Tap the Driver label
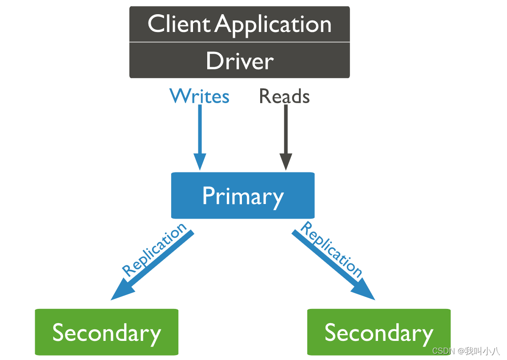[x=240, y=60]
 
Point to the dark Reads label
[x=285, y=96]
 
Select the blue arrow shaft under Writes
[x=200, y=129]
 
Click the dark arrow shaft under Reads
[x=286, y=129]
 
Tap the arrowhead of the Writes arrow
[x=200, y=162]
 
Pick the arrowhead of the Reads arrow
[x=286, y=162]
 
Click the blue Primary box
[x=243, y=196]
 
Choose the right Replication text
[x=331, y=249]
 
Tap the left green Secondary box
[x=107, y=332]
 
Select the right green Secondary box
[x=379, y=332]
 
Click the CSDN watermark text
[x=466, y=351]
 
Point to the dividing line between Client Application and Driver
[x=240, y=42]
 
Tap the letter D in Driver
[x=214, y=60]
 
